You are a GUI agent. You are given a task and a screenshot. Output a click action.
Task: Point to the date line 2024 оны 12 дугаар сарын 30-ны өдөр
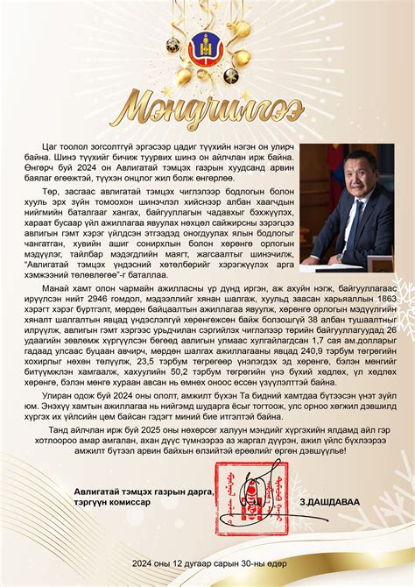[x=207, y=562]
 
